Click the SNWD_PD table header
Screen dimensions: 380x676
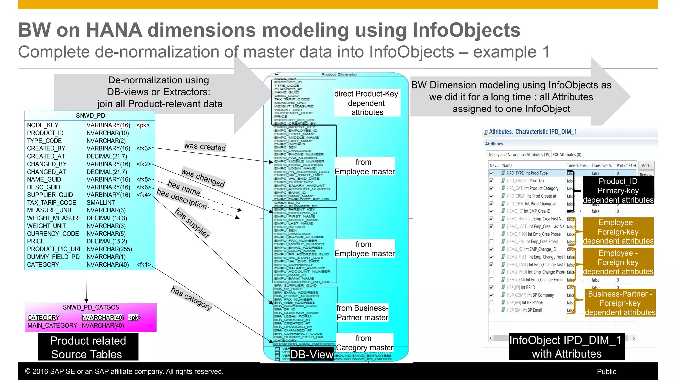90,116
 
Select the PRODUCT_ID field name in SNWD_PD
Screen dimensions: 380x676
45,133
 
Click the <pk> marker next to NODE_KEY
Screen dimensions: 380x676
143,125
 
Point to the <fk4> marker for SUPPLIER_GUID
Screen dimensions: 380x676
144,195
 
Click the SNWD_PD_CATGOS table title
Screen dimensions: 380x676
91,307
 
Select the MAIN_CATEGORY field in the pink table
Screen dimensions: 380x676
52,326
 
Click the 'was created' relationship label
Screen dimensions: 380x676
205,146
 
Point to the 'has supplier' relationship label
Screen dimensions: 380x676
192,223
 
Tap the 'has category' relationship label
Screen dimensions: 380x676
191,298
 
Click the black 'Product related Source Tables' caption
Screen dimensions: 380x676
88,347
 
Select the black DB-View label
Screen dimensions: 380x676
311,354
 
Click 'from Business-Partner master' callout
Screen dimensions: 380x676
362,313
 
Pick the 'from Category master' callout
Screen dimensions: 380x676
364,343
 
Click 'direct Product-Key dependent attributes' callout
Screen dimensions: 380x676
367,103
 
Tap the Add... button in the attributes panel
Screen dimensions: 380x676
646,166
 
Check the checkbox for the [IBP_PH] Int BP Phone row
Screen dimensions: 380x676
491,303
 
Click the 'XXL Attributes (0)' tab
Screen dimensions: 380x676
566,155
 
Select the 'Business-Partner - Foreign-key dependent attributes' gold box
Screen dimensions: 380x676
620,303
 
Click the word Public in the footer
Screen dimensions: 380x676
606,372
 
